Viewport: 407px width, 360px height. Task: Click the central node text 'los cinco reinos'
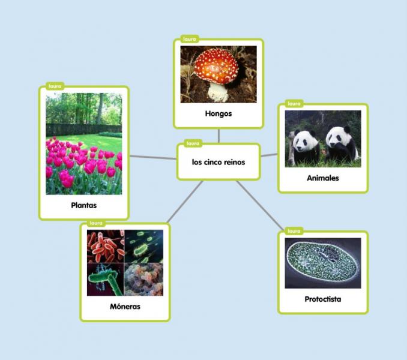tap(219, 162)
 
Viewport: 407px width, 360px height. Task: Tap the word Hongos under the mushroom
tap(219, 113)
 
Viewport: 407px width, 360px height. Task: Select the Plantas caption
tap(84, 205)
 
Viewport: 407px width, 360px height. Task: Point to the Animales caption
tap(323, 178)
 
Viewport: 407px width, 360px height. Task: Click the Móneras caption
tap(125, 307)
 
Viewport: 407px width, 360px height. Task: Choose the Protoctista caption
tap(323, 299)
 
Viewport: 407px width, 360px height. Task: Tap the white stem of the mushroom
tap(217, 92)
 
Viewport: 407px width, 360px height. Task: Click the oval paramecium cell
tap(322, 262)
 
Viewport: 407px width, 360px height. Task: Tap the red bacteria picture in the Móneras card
tap(106, 246)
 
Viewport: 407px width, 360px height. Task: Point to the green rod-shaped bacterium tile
tap(106, 280)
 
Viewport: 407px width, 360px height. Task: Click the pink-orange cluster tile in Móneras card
tap(144, 280)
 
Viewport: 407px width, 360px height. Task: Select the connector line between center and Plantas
tap(153, 157)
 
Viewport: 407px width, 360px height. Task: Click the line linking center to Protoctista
tap(259, 205)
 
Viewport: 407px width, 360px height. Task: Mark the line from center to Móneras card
tap(185, 202)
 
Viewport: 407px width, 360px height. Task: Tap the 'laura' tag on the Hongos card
tap(190, 39)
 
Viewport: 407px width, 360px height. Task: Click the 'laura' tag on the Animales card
tap(294, 103)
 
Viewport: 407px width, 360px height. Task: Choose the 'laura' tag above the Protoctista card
tap(294, 231)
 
